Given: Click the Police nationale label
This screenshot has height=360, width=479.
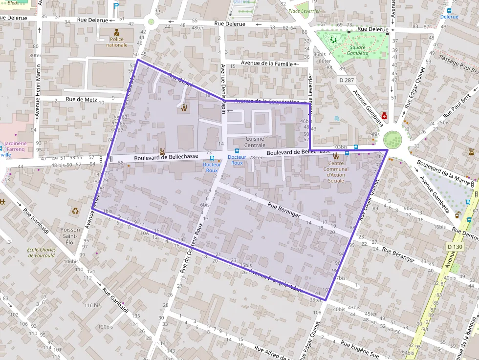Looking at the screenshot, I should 117,42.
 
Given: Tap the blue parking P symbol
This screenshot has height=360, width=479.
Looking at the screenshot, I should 116,6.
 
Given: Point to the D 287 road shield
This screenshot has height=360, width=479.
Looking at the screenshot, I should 346,79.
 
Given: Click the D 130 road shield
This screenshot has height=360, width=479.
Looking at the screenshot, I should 455,247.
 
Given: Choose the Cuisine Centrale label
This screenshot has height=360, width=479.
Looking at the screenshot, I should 255,142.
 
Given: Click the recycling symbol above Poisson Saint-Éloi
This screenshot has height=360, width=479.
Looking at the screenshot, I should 75,211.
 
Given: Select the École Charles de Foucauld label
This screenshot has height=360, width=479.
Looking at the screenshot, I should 42,252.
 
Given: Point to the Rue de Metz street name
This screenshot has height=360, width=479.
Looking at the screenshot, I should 81,99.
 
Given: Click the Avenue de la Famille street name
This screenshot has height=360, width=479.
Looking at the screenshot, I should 267,64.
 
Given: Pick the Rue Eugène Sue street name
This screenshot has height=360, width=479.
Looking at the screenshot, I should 360,350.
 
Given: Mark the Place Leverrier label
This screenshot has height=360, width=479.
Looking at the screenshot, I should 304,11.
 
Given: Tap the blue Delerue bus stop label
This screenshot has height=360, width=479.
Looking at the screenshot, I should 449,17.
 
